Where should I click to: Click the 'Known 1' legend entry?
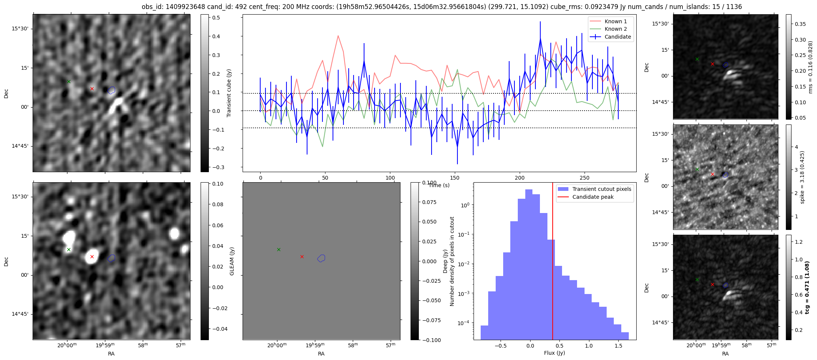point(615,21)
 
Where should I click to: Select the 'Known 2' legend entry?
point(615,29)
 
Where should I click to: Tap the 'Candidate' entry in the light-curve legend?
point(618,37)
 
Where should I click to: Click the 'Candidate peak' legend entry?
point(593,197)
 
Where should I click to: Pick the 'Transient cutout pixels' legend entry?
point(601,189)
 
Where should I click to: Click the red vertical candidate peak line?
point(553,262)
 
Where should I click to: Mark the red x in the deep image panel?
point(92,257)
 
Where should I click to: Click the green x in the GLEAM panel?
point(279,249)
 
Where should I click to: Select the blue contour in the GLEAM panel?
point(321,258)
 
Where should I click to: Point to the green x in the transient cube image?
point(69,81)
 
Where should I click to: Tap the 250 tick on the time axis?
point(585,178)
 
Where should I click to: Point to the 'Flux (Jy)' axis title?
point(554,353)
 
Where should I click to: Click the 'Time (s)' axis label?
point(439,185)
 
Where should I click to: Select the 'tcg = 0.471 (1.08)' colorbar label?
point(807,287)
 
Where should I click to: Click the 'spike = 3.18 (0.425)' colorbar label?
point(802,177)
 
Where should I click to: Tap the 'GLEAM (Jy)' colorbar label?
point(232,261)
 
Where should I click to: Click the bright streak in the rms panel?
point(730,75)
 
